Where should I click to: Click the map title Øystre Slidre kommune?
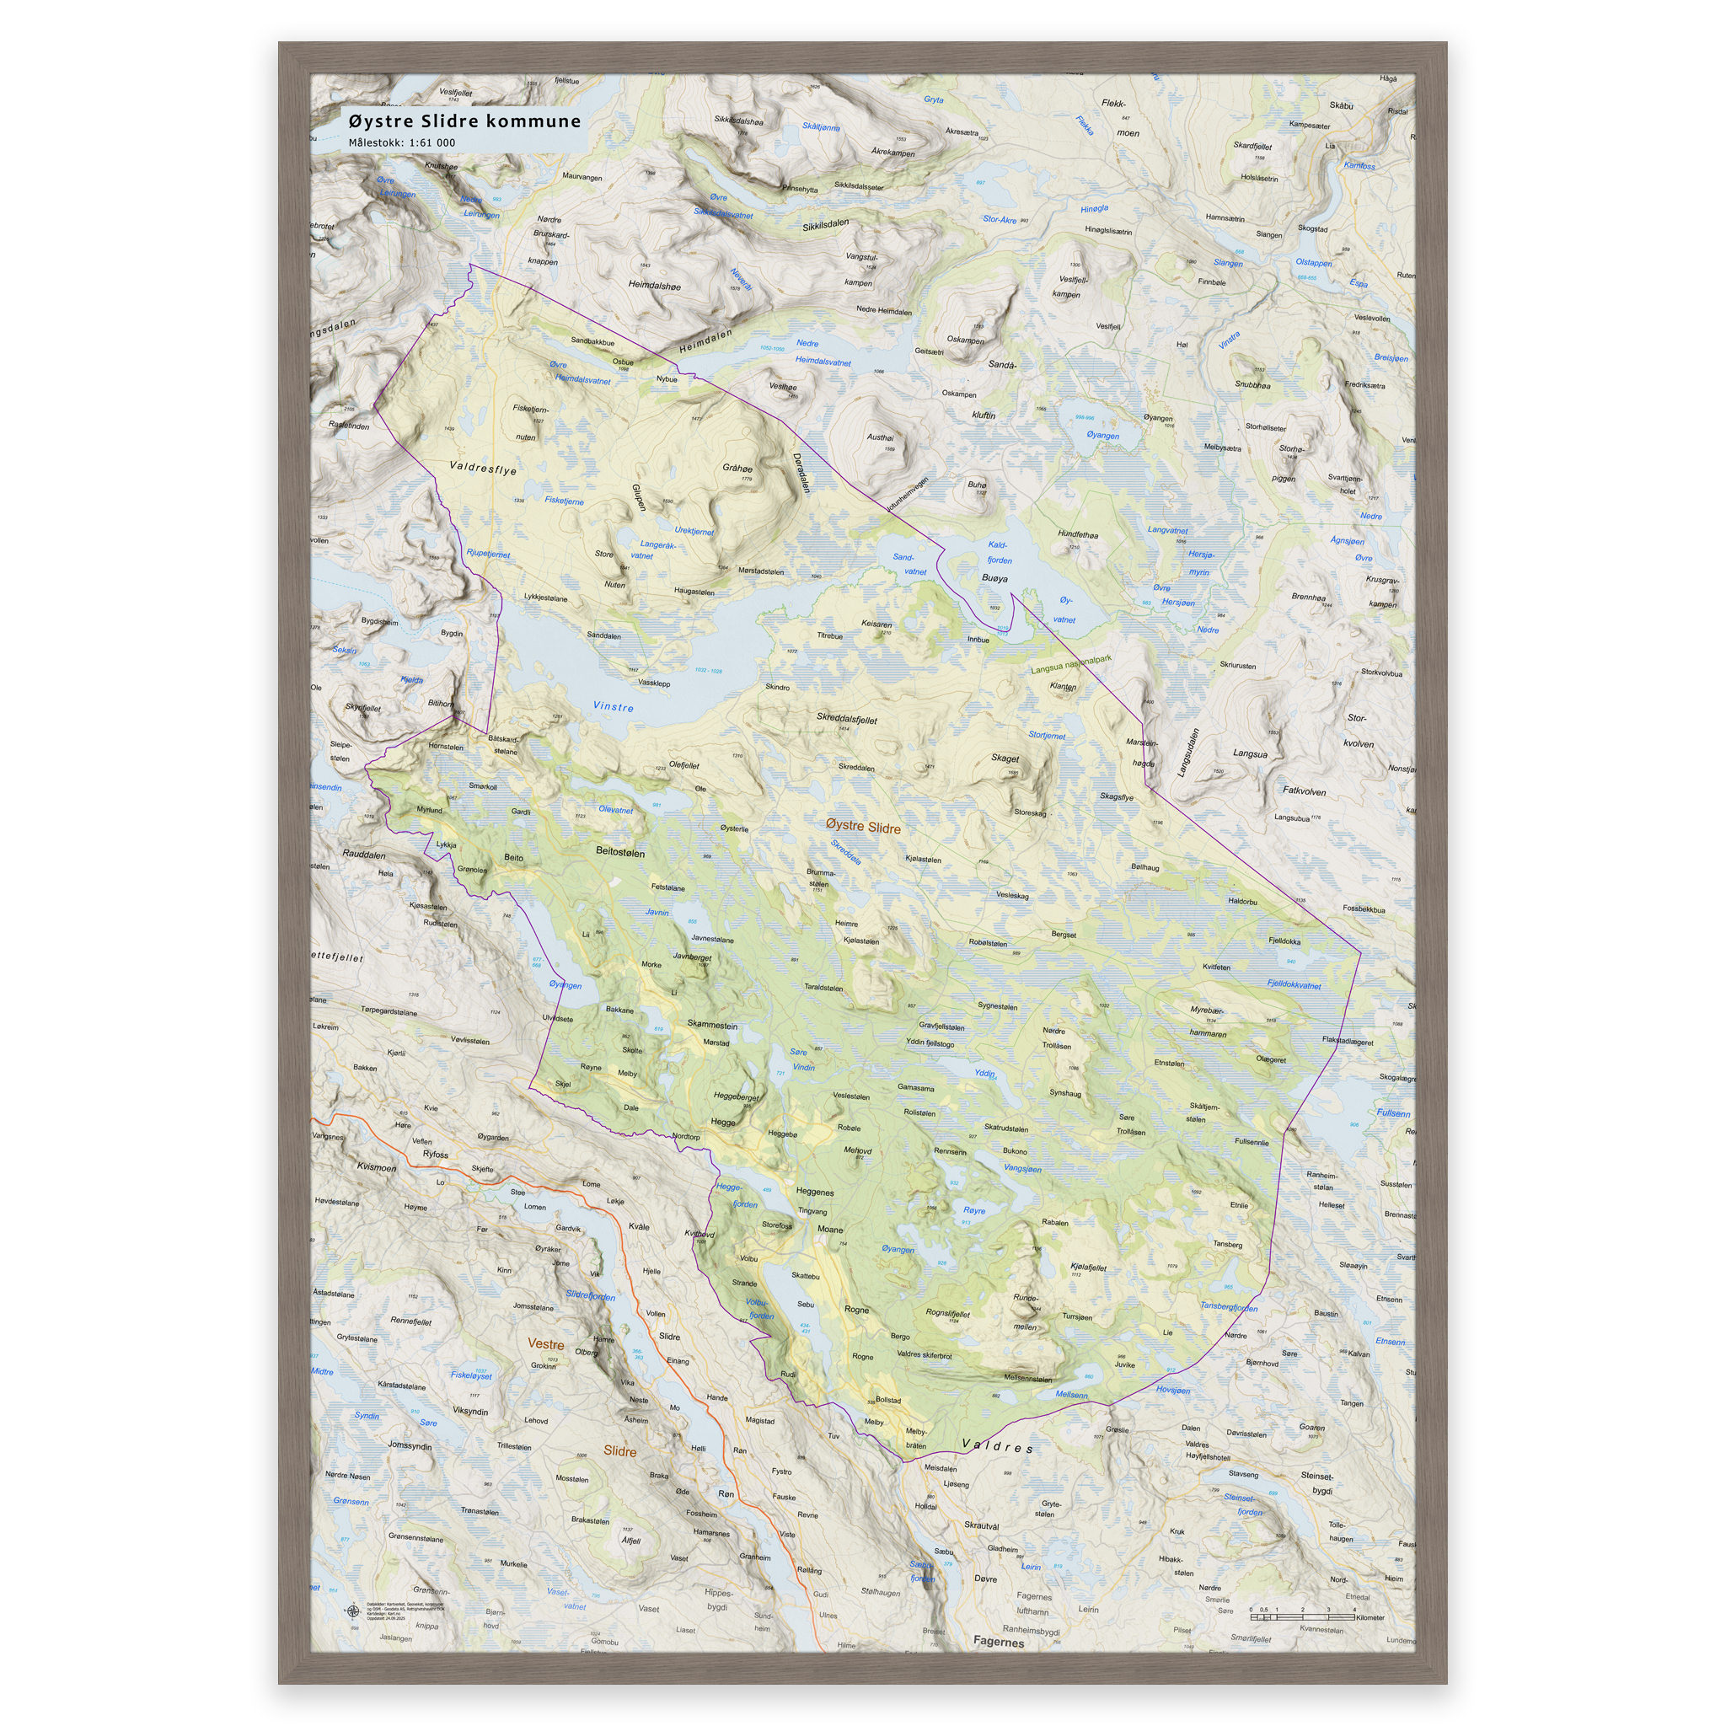point(464,121)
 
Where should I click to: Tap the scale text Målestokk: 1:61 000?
point(401,142)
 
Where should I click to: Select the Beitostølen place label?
point(620,852)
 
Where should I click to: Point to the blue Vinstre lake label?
point(613,706)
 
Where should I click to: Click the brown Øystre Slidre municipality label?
point(863,828)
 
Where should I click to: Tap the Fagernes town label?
point(998,1641)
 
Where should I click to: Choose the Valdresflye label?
point(482,468)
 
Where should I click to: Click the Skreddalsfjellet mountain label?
point(846,718)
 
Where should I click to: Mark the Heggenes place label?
point(814,1192)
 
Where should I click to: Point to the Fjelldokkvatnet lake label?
point(1294,984)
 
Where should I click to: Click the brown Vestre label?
point(546,1343)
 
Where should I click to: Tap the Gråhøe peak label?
point(737,468)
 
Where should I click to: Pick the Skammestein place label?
point(712,1025)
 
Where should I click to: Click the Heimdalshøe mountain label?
point(654,286)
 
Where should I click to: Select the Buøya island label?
point(994,578)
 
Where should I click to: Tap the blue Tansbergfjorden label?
point(1229,1306)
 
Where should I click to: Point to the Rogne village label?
point(856,1310)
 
